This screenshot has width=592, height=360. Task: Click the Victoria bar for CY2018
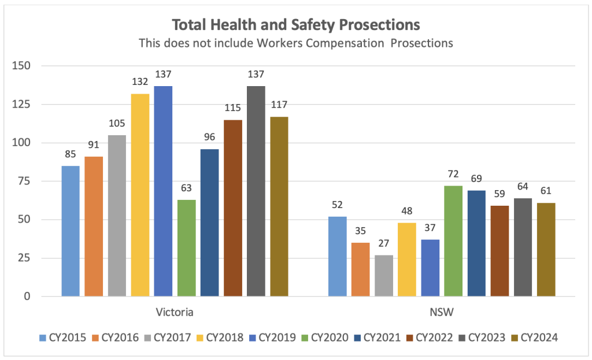pos(140,195)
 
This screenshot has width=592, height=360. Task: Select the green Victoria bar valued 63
pos(186,248)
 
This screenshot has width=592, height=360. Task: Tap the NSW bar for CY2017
pos(384,276)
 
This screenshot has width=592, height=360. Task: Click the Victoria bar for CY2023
pos(256,191)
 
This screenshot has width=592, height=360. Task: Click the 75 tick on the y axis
pos(24,181)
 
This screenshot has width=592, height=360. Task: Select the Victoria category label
pos(174,313)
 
